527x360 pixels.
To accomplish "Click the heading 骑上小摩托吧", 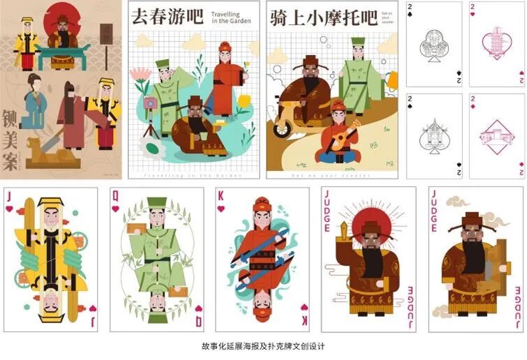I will (x=322, y=17).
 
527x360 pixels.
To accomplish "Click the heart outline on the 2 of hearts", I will (x=497, y=43).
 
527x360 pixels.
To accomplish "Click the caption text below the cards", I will (x=263, y=346).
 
